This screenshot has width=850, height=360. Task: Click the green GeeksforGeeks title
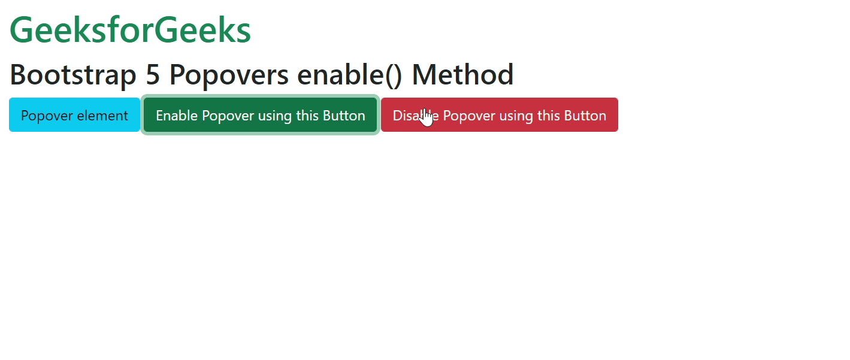tap(130, 30)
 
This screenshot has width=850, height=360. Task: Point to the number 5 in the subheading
tap(153, 75)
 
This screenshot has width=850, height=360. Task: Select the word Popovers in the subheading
tap(229, 75)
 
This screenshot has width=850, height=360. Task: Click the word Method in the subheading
tap(462, 75)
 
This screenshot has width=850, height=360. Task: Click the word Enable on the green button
tap(177, 116)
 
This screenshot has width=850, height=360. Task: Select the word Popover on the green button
tap(225, 116)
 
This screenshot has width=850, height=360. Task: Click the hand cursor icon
tap(426, 117)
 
